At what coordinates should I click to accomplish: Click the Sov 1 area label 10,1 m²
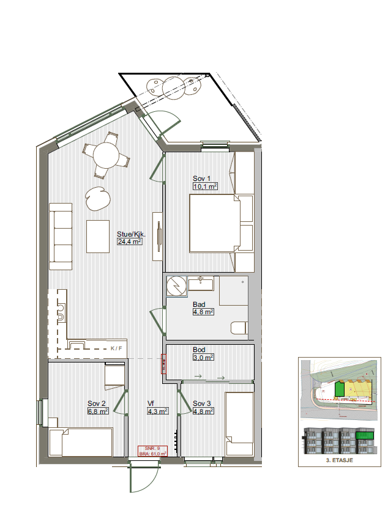pyautogui.click(x=205, y=186)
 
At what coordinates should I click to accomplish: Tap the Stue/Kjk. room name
pyautogui.click(x=130, y=234)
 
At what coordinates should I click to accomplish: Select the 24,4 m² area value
pyautogui.click(x=129, y=241)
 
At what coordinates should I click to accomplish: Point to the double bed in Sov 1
pyautogui.click(x=213, y=224)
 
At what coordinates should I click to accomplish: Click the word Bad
pyautogui.click(x=199, y=304)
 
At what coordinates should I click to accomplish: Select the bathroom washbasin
pyautogui.click(x=200, y=283)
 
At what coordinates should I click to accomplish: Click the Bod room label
pyautogui.click(x=199, y=350)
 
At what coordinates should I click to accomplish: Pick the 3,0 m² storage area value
pyautogui.click(x=203, y=358)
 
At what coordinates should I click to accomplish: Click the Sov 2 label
pyautogui.click(x=97, y=403)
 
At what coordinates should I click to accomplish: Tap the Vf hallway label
pyautogui.click(x=151, y=403)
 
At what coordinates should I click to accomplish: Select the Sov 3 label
pyautogui.click(x=202, y=403)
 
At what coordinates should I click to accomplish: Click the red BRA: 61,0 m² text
pyautogui.click(x=153, y=454)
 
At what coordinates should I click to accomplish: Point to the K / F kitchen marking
pyautogui.click(x=116, y=348)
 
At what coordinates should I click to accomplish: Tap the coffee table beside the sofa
pyautogui.click(x=98, y=236)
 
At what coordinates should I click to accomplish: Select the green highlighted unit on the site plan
pyautogui.click(x=340, y=389)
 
